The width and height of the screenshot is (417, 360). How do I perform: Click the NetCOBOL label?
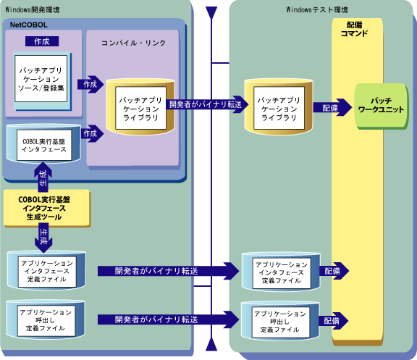pyautogui.click(x=29, y=25)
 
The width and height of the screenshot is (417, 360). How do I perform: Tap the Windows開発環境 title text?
pyautogui.click(x=33, y=10)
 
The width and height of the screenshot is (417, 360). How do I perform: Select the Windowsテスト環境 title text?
pyautogui.click(x=317, y=10)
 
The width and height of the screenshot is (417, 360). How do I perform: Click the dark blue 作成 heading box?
pyautogui.click(x=42, y=41)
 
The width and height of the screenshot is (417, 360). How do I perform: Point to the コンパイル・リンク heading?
pyautogui.click(x=133, y=43)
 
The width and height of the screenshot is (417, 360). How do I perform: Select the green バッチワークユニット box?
pyautogui.click(x=381, y=106)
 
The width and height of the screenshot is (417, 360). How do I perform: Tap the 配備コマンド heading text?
pyautogui.click(x=354, y=29)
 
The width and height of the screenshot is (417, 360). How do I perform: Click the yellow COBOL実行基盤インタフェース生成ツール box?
pyautogui.click(x=46, y=208)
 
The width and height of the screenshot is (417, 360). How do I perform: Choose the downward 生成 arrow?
pyautogui.click(x=43, y=240)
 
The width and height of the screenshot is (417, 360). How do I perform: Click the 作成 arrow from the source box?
pyautogui.click(x=90, y=84)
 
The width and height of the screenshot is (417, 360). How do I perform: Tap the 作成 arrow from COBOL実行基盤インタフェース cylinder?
pyautogui.click(x=92, y=133)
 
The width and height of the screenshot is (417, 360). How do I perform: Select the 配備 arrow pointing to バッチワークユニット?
pyautogui.click(x=332, y=108)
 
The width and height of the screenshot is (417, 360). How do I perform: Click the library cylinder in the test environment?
pyautogui.click(x=279, y=106)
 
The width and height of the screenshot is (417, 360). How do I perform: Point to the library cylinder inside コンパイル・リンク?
pyautogui.click(x=140, y=106)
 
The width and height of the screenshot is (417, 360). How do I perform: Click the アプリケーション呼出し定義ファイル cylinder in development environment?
pyautogui.click(x=46, y=320)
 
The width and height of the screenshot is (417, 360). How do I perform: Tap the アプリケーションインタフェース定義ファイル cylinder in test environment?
pyautogui.click(x=281, y=272)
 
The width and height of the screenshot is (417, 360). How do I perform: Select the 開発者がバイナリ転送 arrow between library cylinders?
pyautogui.click(x=207, y=104)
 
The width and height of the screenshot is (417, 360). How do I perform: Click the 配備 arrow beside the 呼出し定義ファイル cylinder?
pyautogui.click(x=334, y=321)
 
